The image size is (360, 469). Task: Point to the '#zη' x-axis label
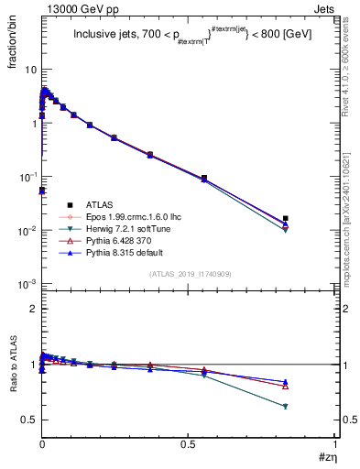[327, 459]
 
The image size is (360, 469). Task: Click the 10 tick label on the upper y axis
[29, 70]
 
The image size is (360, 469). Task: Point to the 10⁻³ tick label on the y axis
[27, 284]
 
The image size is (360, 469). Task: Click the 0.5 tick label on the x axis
[188, 445]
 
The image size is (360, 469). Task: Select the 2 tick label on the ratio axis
[33, 309]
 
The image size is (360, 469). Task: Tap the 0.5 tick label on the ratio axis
[29, 420]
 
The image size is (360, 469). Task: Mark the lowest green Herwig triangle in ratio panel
[286, 407]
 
